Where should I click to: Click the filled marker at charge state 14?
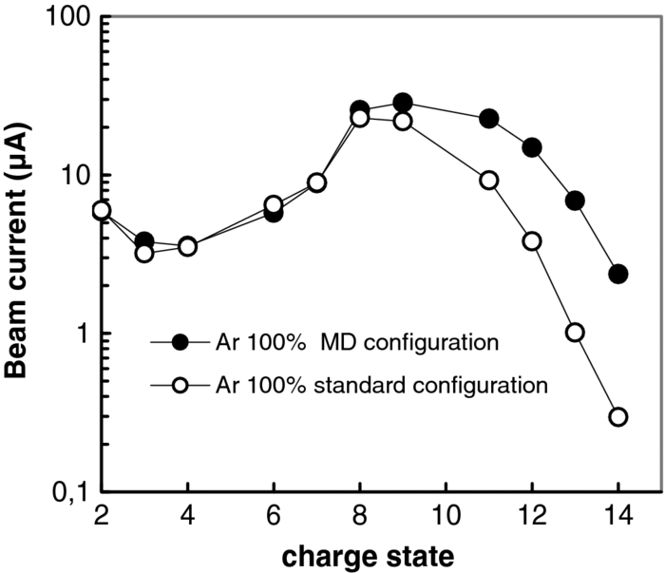(x=618, y=274)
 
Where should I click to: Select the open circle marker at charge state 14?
(x=618, y=417)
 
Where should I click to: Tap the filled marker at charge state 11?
(x=489, y=119)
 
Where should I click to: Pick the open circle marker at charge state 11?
(x=489, y=181)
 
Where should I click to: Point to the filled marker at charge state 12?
(x=532, y=147)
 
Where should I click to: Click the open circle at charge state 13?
(x=575, y=333)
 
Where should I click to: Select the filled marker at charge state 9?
(x=403, y=103)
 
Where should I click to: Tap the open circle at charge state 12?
(x=532, y=241)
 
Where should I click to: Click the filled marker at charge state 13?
(x=575, y=201)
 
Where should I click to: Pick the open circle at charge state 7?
(x=317, y=182)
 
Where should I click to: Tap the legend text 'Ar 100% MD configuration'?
(x=320, y=340)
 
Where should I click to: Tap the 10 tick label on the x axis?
(x=446, y=514)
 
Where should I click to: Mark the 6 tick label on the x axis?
(x=274, y=514)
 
